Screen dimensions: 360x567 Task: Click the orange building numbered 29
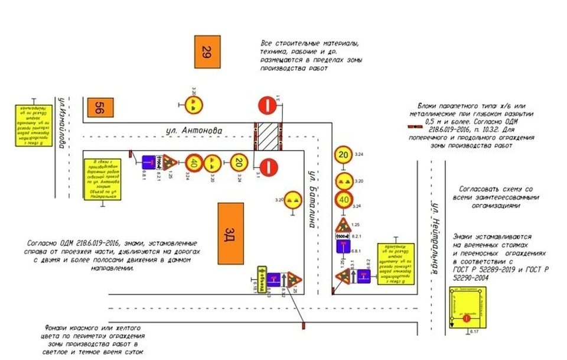pos(206,52)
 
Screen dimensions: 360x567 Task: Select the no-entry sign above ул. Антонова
pos(267,106)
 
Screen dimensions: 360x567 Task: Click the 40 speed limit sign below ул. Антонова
pos(194,162)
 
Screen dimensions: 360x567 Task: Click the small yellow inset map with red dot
pos(467,307)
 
